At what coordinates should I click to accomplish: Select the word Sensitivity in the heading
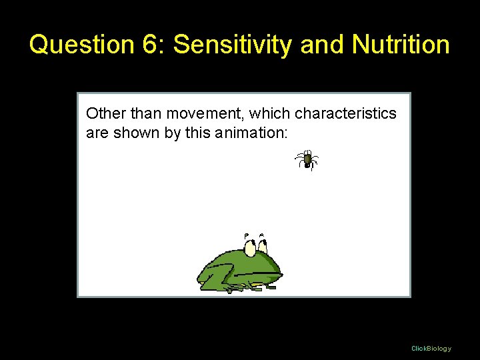(233, 45)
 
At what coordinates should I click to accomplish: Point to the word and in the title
(323, 45)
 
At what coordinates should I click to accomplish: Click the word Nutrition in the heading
(401, 45)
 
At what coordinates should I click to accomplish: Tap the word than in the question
(141, 113)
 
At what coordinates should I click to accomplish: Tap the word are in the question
(97, 133)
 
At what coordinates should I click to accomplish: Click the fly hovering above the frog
(307, 160)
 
